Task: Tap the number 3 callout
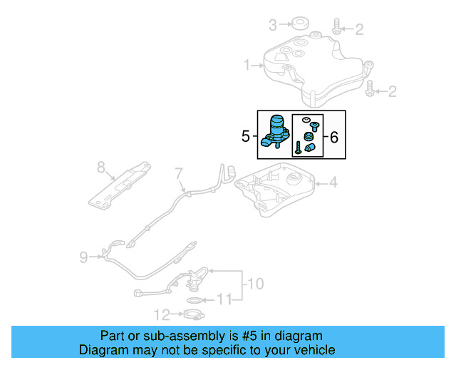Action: pos(272,26)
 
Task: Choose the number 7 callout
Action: pos(179,172)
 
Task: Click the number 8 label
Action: pos(100,168)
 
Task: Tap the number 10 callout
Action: pos(256,284)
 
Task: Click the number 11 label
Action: pos(225,300)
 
